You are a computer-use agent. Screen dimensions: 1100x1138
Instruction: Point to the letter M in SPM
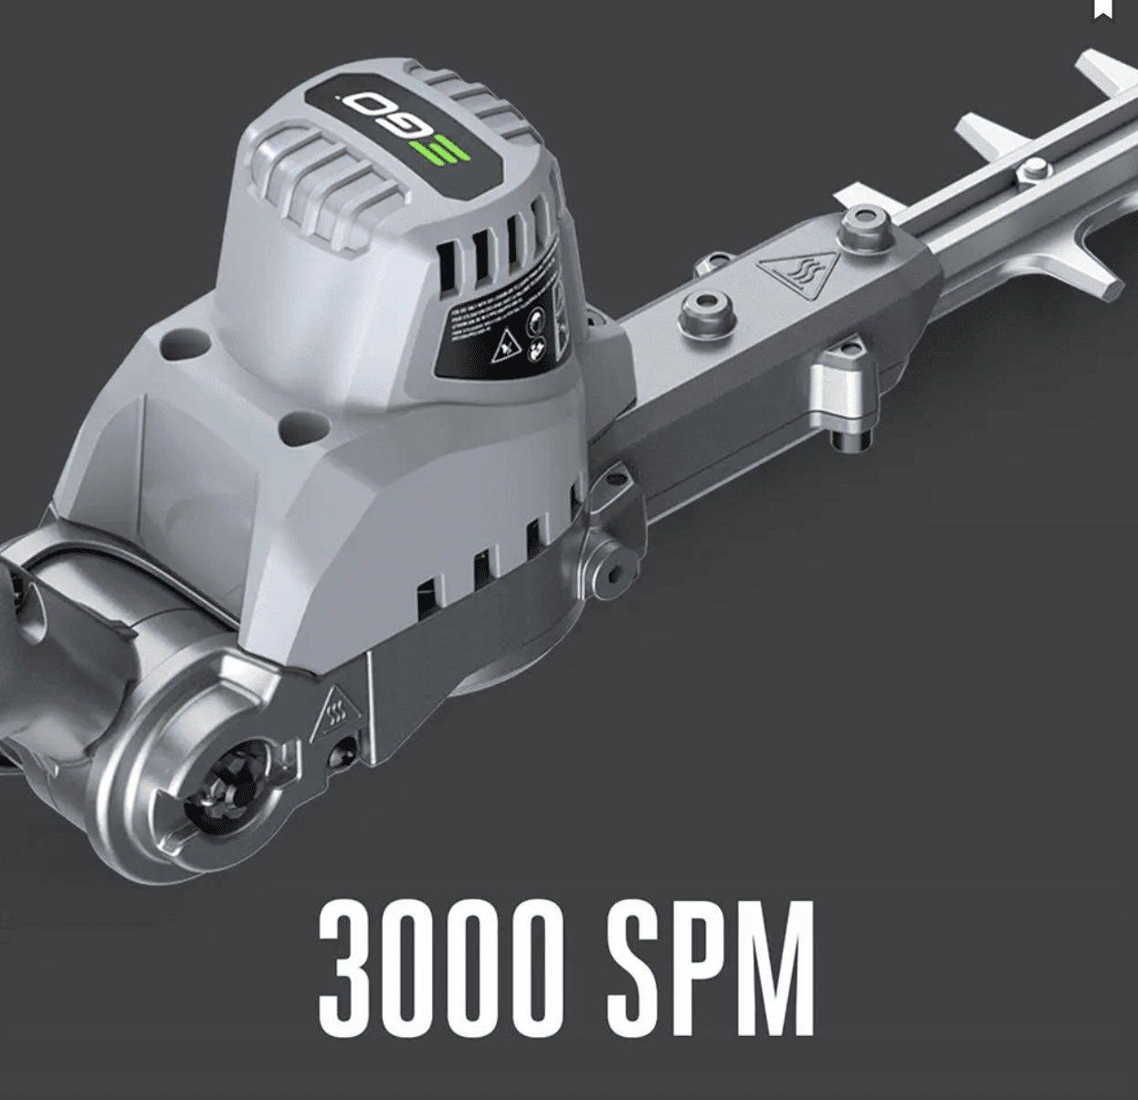point(780,967)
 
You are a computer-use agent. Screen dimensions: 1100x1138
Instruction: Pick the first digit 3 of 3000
point(347,967)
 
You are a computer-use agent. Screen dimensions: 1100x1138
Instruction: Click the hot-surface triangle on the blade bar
point(787,271)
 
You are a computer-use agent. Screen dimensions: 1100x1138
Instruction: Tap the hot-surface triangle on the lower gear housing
point(333,712)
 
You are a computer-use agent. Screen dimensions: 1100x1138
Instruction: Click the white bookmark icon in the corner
point(1103,9)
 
